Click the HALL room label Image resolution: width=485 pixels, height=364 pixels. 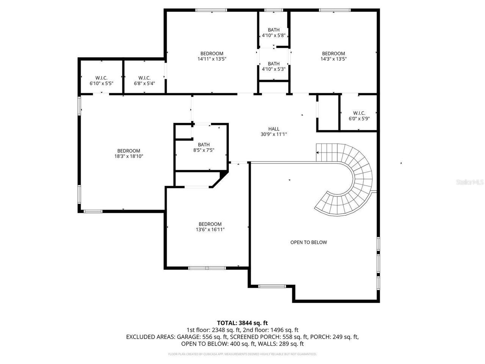pos(274,129)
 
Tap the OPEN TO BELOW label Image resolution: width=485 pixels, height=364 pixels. pos(308,242)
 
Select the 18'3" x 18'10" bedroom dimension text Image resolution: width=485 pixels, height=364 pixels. pos(128,156)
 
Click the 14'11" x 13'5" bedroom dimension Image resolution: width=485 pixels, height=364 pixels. pos(212,59)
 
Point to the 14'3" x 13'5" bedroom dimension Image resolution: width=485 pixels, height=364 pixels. pos(333,59)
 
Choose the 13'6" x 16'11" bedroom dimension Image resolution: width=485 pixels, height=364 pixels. pos(210,229)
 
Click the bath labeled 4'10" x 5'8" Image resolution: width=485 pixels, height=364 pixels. pos(274,35)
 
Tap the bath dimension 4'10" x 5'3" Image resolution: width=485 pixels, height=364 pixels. pos(274,69)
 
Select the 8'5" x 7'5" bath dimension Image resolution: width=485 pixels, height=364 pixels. pos(203,150)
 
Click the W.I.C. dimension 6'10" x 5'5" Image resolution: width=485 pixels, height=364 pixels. pos(101,83)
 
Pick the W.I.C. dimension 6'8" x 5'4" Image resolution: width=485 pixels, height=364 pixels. pos(144,83)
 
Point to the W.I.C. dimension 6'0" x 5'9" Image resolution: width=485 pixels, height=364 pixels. pos(359,119)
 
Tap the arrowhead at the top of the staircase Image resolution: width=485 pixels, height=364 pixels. pos(317,152)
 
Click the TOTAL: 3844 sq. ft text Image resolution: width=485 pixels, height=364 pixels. pos(242,323)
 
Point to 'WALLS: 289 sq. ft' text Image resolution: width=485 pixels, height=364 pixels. pos(281,344)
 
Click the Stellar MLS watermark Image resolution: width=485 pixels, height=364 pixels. pos(470,182)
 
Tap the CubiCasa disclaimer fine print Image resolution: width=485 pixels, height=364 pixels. pos(242,354)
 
